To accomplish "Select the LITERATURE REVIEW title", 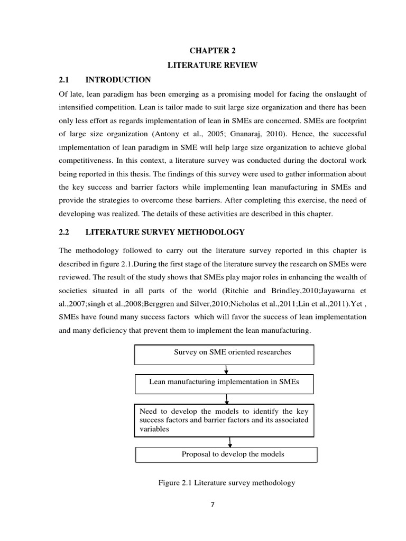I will [x=212, y=66].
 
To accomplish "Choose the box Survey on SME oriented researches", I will [x=225, y=354].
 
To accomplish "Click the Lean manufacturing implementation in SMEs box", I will [x=224, y=384].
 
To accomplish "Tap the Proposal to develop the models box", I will [x=227, y=454].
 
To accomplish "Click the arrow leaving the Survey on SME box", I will [x=226, y=369].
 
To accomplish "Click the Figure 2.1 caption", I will [x=226, y=483].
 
